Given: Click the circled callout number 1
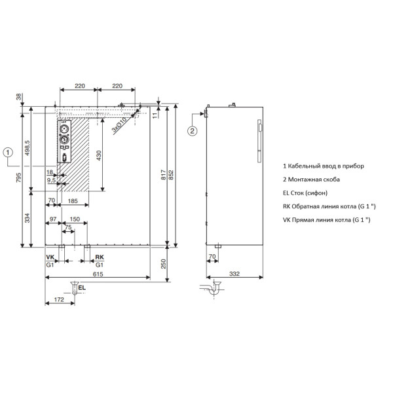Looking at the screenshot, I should pyautogui.click(x=7, y=153).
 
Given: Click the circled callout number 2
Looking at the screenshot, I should pyautogui.click(x=193, y=131).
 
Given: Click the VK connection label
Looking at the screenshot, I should pyautogui.click(x=50, y=257).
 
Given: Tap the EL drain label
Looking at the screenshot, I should pyautogui.click(x=82, y=288).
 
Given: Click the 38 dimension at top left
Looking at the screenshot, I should pyautogui.click(x=19, y=97).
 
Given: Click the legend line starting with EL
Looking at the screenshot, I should pyautogui.click(x=305, y=193).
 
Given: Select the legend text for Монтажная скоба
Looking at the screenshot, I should pyautogui.click(x=311, y=179).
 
